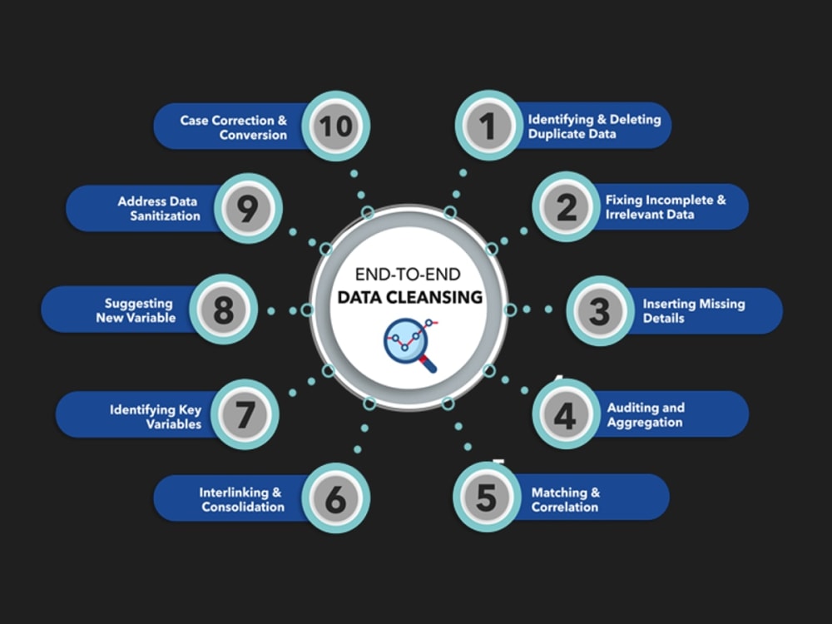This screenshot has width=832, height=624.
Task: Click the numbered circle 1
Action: click(x=488, y=126)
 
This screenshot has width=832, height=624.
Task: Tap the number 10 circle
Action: click(x=336, y=126)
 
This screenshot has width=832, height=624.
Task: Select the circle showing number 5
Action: click(x=487, y=497)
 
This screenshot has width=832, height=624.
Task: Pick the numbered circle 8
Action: click(x=223, y=310)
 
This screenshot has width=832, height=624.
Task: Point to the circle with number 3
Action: click(x=600, y=310)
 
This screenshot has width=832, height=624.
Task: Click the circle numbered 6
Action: click(x=336, y=498)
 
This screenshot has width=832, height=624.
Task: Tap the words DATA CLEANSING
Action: click(x=410, y=297)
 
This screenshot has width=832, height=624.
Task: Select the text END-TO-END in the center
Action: click(x=408, y=275)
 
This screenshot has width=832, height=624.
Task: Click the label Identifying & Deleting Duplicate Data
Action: click(x=594, y=126)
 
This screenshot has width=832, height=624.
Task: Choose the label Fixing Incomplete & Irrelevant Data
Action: click(x=666, y=207)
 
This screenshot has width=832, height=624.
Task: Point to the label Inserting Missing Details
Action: click(x=694, y=311)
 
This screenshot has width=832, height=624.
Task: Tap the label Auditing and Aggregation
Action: click(x=646, y=415)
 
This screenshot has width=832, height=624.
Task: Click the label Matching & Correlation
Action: click(x=565, y=500)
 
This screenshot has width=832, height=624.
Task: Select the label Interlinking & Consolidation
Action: click(x=242, y=500)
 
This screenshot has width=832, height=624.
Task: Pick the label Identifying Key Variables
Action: click(x=156, y=417)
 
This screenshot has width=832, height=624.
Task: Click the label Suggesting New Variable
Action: click(x=136, y=310)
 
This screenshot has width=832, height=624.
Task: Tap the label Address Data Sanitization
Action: click(x=159, y=209)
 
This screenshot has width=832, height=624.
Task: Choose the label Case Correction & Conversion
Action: click(x=234, y=127)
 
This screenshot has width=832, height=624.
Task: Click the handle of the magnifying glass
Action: click(x=428, y=364)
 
